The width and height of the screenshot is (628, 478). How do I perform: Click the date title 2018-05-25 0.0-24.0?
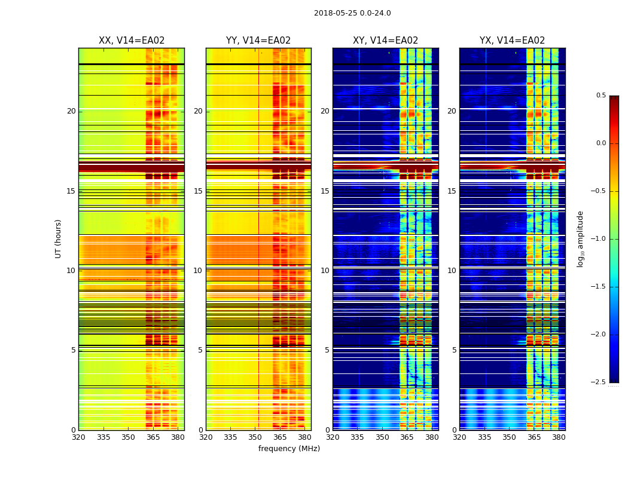coord(352,13)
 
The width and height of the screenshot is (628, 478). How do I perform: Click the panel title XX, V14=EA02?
coord(132,41)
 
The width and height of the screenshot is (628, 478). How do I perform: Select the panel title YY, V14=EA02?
coord(258,41)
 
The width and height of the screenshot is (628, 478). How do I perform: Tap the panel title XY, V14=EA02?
coord(385,41)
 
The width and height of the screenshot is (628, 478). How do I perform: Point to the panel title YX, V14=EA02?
coord(512,41)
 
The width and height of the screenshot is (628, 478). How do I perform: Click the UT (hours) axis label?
coord(59,238)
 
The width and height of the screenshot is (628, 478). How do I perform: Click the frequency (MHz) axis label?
coord(289,449)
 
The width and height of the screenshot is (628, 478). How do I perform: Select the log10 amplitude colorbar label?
coord(580,238)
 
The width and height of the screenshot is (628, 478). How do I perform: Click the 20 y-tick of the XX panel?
coord(71,111)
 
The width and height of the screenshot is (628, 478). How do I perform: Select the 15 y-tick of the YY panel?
coord(199,191)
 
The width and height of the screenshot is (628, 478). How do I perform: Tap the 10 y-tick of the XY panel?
coord(325,271)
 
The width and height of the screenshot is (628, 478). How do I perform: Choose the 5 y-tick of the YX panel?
coord(455,350)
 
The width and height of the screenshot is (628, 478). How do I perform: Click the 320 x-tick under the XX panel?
coord(78,437)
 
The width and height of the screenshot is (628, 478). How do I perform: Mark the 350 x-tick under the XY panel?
coord(382,437)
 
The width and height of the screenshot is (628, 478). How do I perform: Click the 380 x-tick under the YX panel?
coord(559,437)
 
